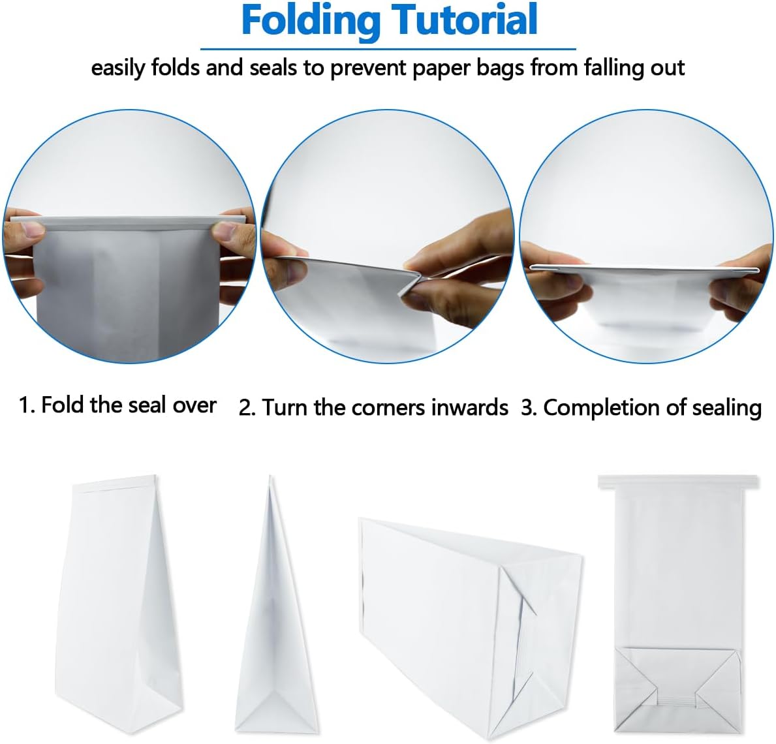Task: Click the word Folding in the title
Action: click(x=311, y=21)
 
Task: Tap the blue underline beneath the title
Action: click(x=388, y=49)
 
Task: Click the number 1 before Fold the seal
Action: click(x=25, y=405)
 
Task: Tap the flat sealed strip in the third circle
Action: click(x=644, y=269)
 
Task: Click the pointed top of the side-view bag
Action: click(x=270, y=477)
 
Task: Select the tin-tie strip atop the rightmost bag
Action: click(x=678, y=482)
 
